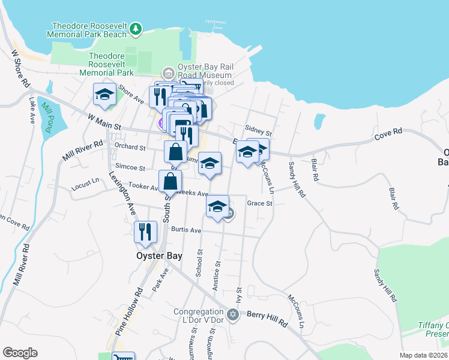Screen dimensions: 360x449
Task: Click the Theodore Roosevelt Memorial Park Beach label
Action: pos(89,30)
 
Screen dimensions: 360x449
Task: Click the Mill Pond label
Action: pos(47,116)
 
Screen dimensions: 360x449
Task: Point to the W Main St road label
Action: pos(104,122)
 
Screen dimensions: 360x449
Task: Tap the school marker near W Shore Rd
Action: pos(104,95)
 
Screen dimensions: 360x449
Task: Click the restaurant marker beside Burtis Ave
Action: pos(145,232)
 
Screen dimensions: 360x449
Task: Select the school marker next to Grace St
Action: pos(218,207)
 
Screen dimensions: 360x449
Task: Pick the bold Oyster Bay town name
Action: pos(155,255)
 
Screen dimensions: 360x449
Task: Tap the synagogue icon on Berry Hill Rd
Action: pos(234,313)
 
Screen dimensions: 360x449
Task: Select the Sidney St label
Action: pos(259,130)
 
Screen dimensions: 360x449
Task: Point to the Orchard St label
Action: pos(130,146)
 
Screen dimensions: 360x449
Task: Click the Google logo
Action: pos(20,353)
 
